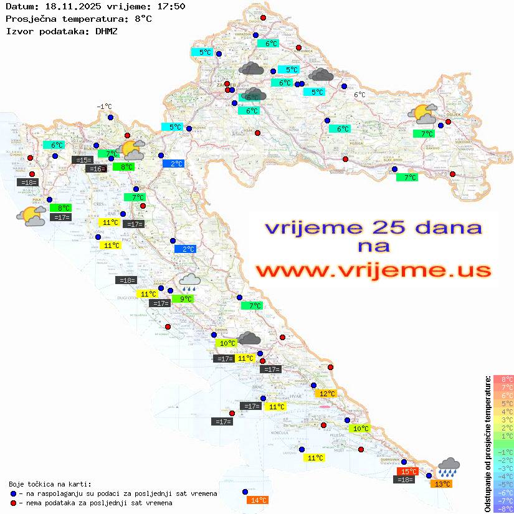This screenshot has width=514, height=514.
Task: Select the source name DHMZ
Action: pos(107,31)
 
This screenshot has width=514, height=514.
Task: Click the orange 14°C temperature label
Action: pos(258,500)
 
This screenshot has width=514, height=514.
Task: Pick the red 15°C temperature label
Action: pos(407,472)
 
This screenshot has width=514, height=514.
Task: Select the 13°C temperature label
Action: pos(442,484)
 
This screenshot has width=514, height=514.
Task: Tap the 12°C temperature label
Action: pos(327,394)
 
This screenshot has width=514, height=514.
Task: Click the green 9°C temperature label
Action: pos(186,299)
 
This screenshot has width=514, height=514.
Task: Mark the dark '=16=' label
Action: pos(96,169)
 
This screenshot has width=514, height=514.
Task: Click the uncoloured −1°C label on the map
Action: pos(104,107)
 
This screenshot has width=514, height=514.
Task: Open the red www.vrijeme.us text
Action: pos(373,270)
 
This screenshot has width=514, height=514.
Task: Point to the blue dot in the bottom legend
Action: pos(14,493)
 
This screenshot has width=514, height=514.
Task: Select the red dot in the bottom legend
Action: pos(14,503)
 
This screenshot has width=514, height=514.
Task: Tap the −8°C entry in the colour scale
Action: pos(503,509)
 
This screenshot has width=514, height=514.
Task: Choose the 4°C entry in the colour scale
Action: pos(503,411)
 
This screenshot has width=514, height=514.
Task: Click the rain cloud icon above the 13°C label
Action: pos(449,467)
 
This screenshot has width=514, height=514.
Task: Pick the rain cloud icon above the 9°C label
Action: pos(190,283)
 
